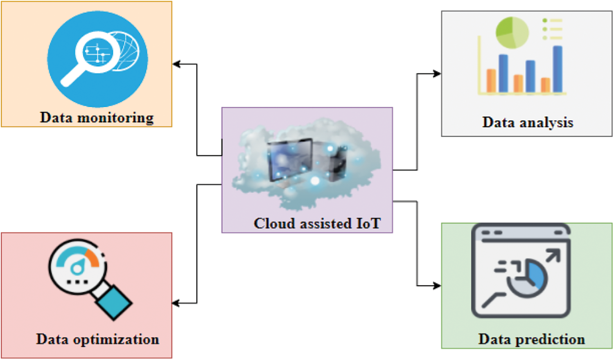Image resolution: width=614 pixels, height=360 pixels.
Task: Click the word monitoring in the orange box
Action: tap(115, 118)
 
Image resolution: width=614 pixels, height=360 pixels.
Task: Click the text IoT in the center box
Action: tap(368, 223)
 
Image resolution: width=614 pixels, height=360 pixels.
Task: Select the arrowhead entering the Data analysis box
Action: tap(437, 74)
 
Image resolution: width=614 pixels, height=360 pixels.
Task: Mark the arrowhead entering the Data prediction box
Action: tap(437, 286)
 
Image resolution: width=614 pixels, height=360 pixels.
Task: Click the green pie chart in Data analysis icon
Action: tap(512, 32)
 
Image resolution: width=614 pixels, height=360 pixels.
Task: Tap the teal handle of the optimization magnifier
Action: tap(114, 302)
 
